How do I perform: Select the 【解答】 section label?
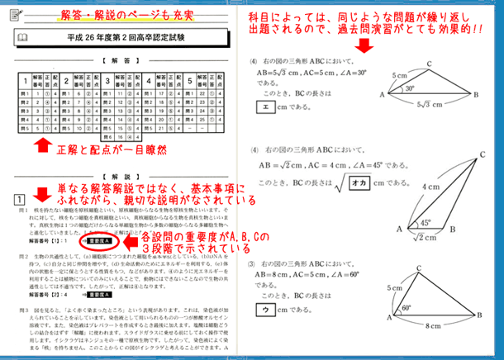click(x=116, y=61)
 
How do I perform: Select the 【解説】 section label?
click(x=116, y=176)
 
